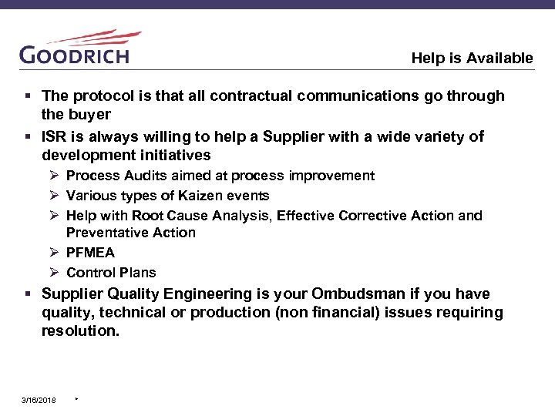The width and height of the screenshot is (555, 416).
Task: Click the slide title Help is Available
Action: (472, 58)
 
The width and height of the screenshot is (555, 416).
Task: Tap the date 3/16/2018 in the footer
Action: (38, 400)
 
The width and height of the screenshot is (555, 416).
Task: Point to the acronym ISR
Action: (55, 137)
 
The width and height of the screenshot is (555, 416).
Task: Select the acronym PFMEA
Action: (90, 253)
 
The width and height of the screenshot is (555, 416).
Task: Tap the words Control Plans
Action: (111, 273)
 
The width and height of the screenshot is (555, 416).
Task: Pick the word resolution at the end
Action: (80, 331)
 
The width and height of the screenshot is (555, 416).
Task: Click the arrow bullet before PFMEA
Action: (55, 253)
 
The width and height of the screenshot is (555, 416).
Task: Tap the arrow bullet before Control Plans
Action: (55, 273)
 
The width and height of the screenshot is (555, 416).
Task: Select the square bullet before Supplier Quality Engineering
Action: (29, 294)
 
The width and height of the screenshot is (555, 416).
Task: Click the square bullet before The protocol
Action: (29, 96)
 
